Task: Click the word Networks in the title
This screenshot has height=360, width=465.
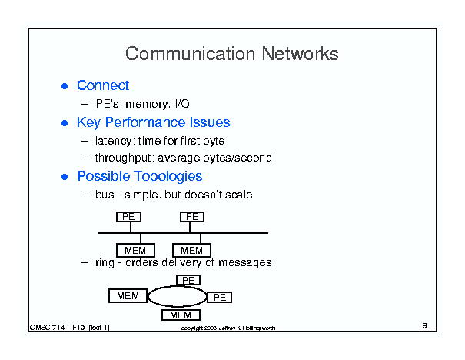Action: tap(300, 54)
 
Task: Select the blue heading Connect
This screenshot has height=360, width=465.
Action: tap(103, 85)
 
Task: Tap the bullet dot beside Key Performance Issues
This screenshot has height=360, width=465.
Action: tap(65, 123)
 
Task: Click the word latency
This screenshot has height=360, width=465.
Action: tap(114, 141)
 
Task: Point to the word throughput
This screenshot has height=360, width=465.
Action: tap(125, 158)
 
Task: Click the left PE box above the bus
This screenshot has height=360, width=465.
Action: tap(128, 217)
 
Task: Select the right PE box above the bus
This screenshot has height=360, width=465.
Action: tap(192, 217)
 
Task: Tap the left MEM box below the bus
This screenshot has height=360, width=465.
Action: tap(135, 251)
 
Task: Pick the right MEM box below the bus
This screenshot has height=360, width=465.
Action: tap(192, 251)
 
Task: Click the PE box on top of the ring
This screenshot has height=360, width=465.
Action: tap(188, 280)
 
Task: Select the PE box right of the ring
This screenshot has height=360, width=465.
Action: tap(220, 297)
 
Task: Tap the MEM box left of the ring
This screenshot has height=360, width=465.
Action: tap(128, 296)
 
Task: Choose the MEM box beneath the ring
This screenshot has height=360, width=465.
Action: tap(181, 315)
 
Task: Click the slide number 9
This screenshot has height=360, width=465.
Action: tap(425, 325)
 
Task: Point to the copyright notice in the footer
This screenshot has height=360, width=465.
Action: tap(228, 328)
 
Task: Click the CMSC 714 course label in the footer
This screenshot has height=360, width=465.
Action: tap(70, 328)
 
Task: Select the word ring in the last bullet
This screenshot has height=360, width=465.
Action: tap(105, 263)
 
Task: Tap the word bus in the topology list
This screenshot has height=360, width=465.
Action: tap(105, 195)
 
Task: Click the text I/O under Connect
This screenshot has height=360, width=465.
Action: tap(182, 104)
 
